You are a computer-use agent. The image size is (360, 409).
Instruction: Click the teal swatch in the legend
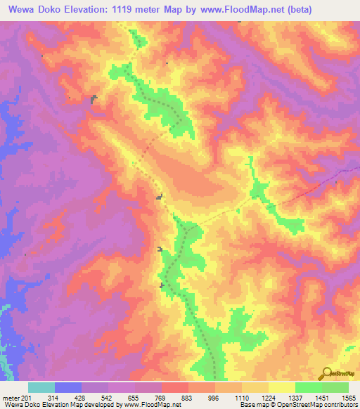tap(41, 387)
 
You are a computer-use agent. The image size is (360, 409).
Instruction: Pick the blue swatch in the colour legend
tap(68, 387)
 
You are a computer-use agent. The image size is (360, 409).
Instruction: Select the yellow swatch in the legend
tap(282, 387)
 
